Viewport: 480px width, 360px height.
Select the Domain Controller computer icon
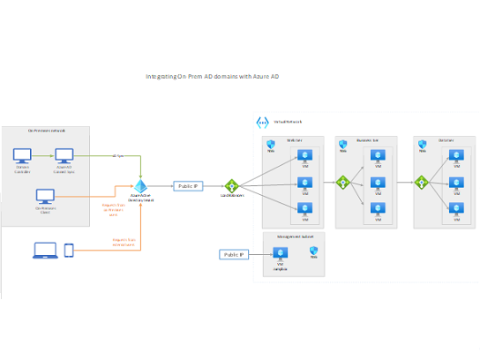(x=24, y=155)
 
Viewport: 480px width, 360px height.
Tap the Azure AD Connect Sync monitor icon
(x=64, y=155)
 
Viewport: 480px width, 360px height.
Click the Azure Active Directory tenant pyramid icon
(x=139, y=187)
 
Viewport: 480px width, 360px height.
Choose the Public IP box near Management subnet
(x=234, y=254)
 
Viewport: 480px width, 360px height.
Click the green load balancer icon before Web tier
(x=232, y=185)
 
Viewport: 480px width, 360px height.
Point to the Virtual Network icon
(x=261, y=123)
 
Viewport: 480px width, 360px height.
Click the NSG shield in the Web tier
(x=272, y=145)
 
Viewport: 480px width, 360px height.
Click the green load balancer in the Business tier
(x=343, y=183)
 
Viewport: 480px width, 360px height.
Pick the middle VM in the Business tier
(x=379, y=183)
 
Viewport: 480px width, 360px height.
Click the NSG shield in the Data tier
(x=423, y=145)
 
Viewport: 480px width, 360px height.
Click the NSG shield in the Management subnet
(x=314, y=251)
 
